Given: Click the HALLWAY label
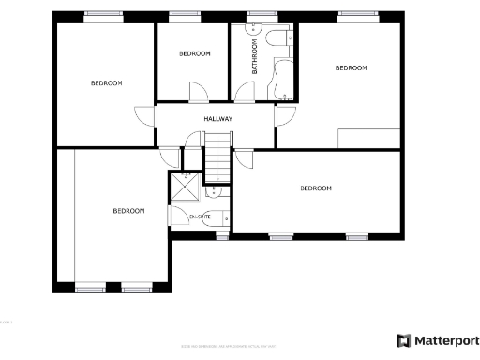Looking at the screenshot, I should [217, 119].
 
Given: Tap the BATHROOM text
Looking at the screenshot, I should [254, 56].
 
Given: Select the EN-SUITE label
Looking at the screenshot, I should [200, 217].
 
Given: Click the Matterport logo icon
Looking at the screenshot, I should [404, 340].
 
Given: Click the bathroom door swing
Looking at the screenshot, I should [243, 92].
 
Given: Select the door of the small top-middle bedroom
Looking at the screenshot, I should [198, 91].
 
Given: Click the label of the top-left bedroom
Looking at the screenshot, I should [106, 83].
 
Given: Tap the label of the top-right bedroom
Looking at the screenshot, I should [351, 67].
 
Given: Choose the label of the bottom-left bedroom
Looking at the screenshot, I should [128, 211].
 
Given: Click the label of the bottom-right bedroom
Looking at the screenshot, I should [316, 188].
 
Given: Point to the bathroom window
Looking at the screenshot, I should [255, 14].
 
